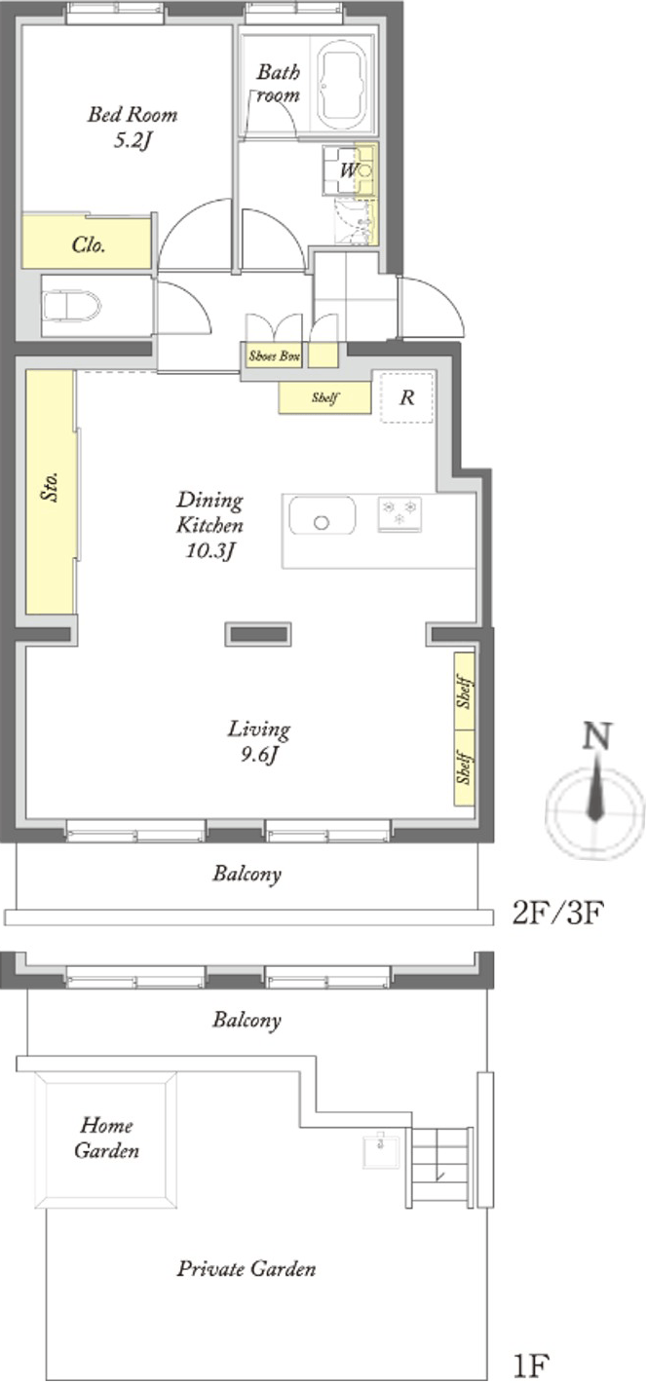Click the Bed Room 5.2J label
133,128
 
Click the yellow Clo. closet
87,242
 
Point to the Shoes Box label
275,355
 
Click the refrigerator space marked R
406,397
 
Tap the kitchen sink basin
322,515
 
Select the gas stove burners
400,513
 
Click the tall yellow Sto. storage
50,492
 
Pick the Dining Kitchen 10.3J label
209,525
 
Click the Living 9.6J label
259,741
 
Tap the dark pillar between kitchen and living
257,634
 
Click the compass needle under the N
595,792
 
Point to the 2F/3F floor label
556,913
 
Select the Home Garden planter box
105,1140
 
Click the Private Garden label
246,1269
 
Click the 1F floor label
531,1365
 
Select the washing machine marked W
348,170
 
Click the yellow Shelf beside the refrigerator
324,397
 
